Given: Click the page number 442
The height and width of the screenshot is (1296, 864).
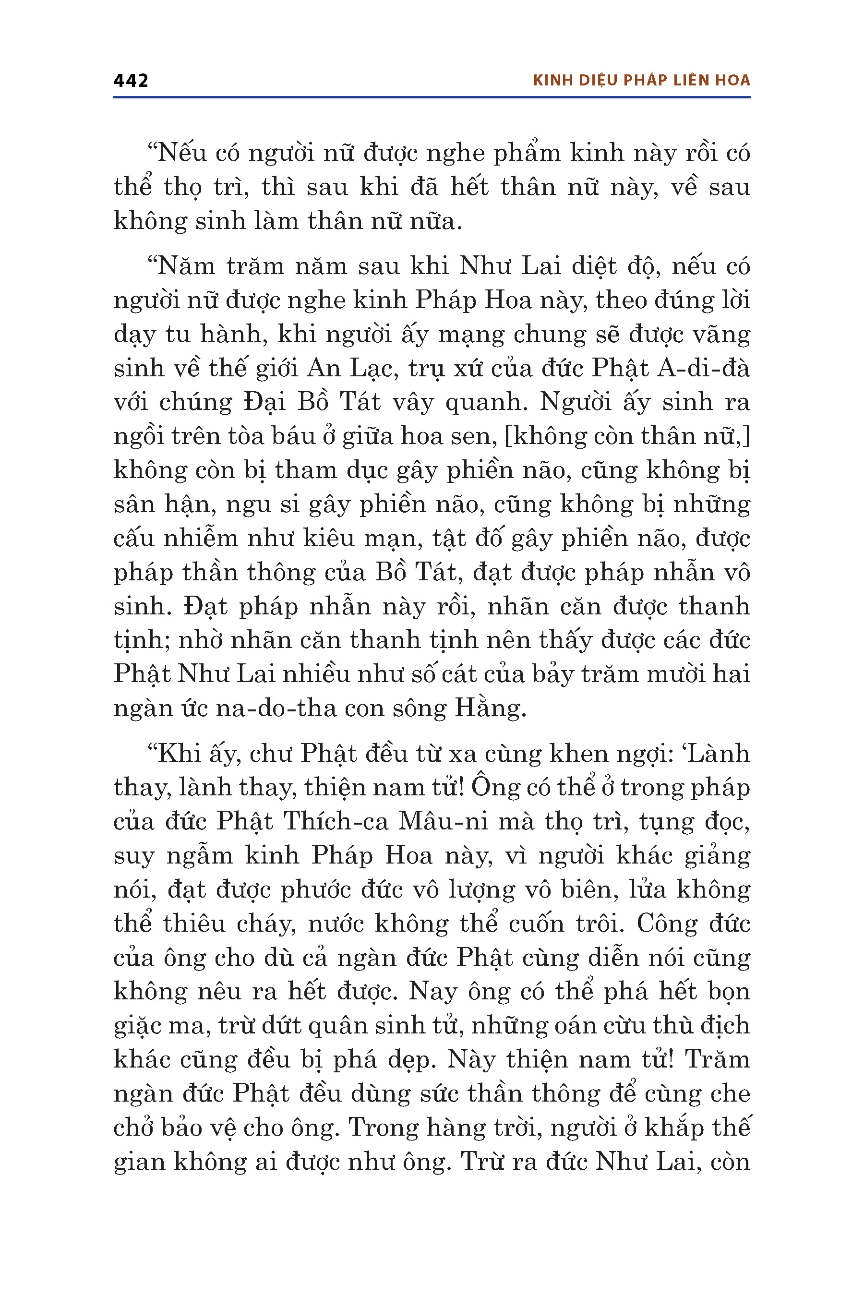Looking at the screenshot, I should (131, 81).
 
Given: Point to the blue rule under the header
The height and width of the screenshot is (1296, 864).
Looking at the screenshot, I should (432, 97).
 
